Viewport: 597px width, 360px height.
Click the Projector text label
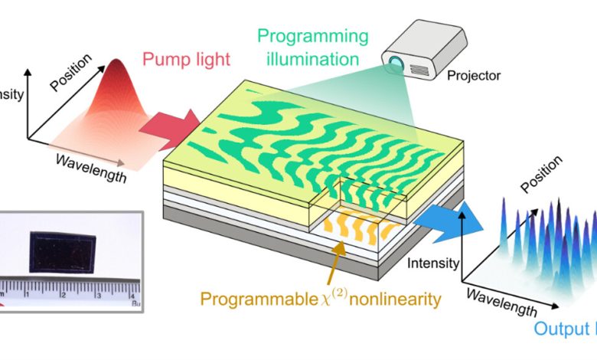coord(474,77)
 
